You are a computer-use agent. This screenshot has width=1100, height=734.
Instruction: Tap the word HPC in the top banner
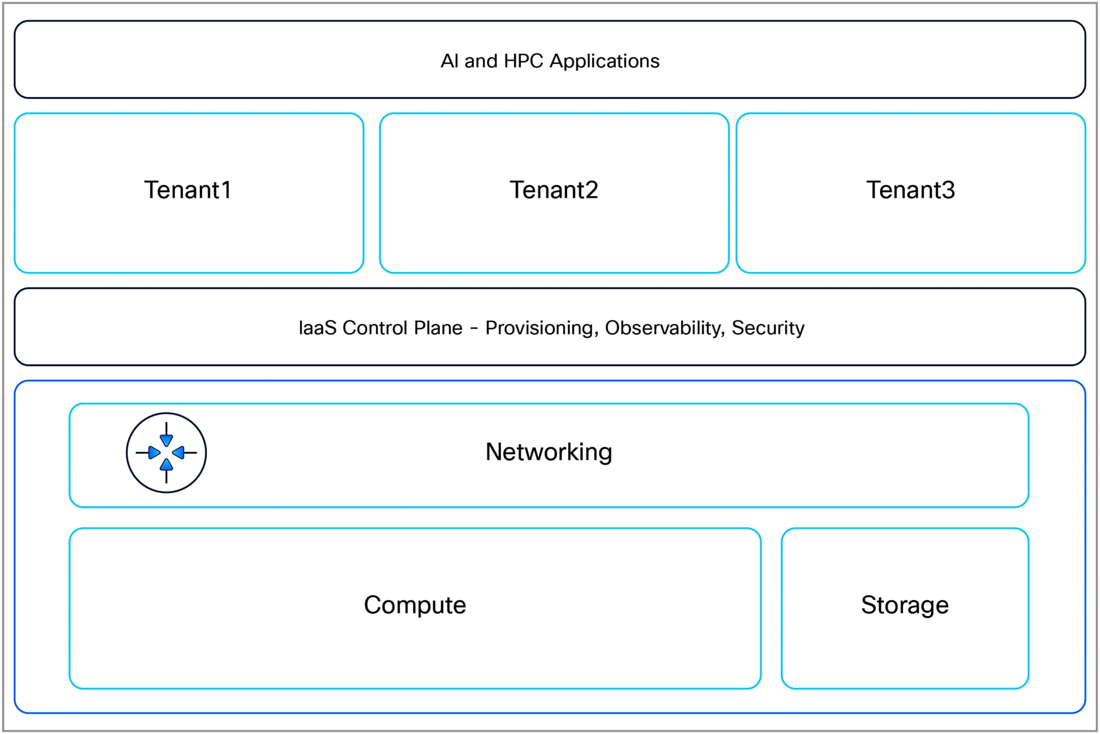523,61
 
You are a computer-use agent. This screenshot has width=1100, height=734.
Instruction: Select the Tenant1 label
188,190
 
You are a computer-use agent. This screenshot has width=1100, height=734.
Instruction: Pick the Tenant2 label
554,190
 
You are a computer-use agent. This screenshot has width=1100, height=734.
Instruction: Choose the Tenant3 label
910,190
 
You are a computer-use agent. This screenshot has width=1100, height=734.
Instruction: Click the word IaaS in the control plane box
317,328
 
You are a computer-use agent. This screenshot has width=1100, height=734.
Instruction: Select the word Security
767,328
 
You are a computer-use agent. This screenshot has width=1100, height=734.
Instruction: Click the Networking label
549,452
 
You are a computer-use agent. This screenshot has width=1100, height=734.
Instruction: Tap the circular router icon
166,453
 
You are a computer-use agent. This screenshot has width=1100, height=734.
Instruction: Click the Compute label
415,605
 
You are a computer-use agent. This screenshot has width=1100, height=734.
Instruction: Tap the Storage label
904,605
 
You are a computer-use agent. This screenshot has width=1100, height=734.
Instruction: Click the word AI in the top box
449,61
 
